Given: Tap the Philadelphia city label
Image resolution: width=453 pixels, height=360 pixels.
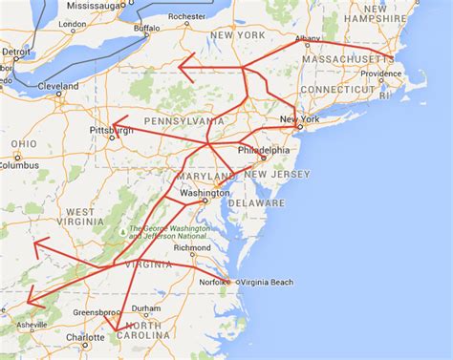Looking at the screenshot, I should click(x=263, y=150).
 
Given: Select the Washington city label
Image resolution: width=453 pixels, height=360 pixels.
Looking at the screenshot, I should click(x=205, y=193).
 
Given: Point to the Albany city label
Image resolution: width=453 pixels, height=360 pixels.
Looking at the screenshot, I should click(x=309, y=38).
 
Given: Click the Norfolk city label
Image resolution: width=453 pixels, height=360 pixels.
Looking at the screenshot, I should click(x=211, y=281).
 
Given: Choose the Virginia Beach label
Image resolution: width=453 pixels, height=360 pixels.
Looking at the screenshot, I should click(x=261, y=282).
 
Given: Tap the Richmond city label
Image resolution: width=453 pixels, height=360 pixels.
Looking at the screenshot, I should click(x=193, y=247).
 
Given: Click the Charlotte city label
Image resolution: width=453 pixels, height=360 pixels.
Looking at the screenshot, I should click(x=85, y=337).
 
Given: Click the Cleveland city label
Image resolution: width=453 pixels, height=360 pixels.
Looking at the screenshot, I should click(x=58, y=86).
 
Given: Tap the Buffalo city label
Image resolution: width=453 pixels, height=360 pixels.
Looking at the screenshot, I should click(x=146, y=29).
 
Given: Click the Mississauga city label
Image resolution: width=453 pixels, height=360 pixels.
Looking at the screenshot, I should click(x=96, y=5).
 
